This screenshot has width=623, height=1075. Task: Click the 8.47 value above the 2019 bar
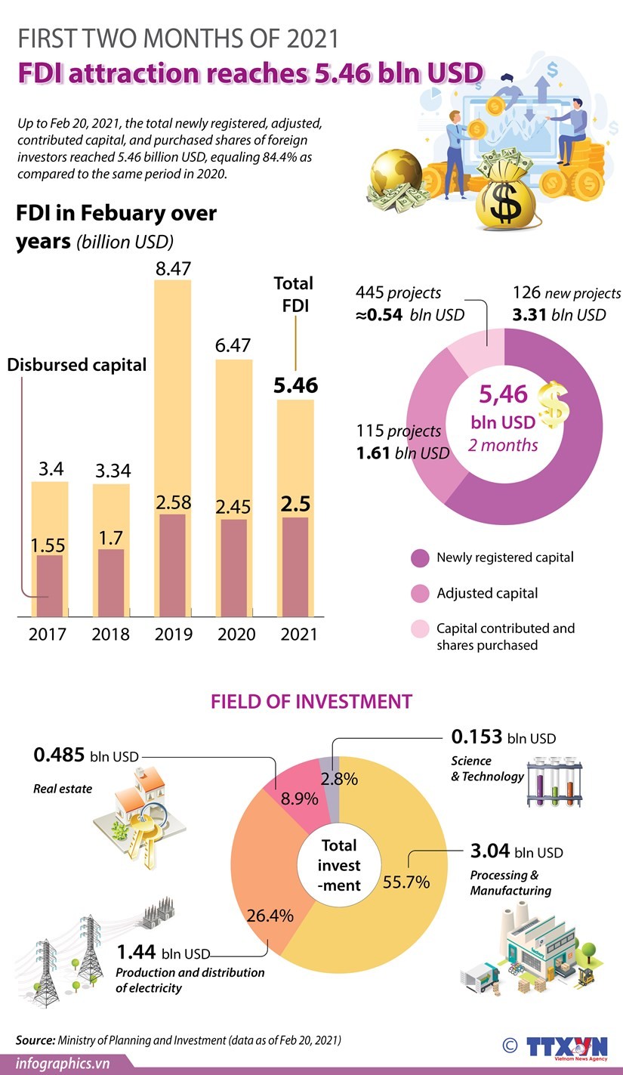(x=173, y=267)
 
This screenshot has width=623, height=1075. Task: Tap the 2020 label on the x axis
(x=236, y=634)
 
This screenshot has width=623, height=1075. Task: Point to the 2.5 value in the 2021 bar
(x=295, y=504)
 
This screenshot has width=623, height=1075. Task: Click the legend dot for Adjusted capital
(x=420, y=594)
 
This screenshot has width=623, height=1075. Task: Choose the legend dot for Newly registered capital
(x=420, y=558)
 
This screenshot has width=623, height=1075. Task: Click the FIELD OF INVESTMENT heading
(x=311, y=701)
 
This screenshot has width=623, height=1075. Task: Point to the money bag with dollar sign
(x=505, y=196)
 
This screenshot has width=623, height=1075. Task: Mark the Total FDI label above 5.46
(x=295, y=294)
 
